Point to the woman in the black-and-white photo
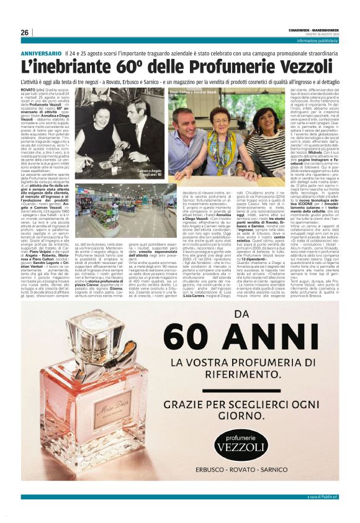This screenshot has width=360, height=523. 102,134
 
